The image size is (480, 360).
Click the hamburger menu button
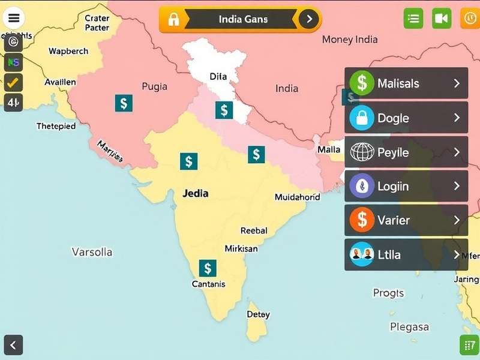(x=14, y=18)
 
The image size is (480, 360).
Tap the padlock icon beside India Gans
(x=173, y=19)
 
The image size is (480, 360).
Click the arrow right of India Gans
(x=309, y=19)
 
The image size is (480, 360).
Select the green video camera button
(x=442, y=19)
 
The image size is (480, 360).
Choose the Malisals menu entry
(x=406, y=83)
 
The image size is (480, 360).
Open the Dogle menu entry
(x=406, y=118)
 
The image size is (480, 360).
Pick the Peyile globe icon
(x=362, y=152)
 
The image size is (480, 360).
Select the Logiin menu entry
(x=406, y=186)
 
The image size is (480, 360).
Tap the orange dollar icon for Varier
(x=362, y=220)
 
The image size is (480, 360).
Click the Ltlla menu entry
(x=406, y=254)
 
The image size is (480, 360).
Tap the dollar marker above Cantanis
(x=208, y=268)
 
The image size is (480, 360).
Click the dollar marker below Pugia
(x=124, y=103)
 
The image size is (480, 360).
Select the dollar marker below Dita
(x=224, y=110)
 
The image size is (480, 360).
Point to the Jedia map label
(x=195, y=193)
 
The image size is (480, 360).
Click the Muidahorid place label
(x=298, y=197)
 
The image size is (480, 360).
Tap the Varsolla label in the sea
(x=92, y=252)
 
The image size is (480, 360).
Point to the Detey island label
(x=258, y=314)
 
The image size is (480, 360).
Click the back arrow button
(x=13, y=345)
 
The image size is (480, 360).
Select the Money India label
(x=350, y=40)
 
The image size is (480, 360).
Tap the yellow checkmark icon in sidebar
(x=13, y=82)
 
